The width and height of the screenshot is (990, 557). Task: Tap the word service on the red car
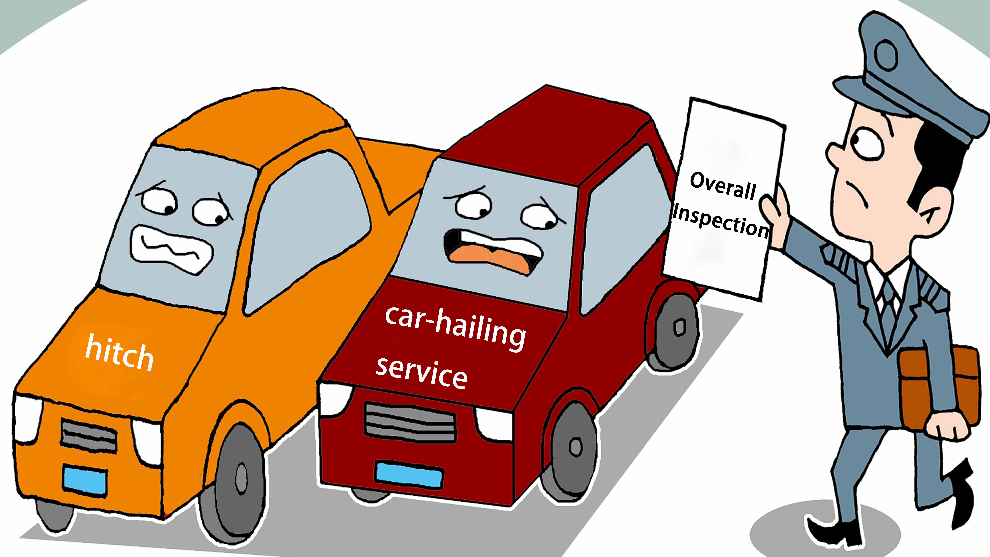422,373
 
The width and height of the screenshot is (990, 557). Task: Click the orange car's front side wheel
238,481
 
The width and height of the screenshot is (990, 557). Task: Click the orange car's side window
307,227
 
